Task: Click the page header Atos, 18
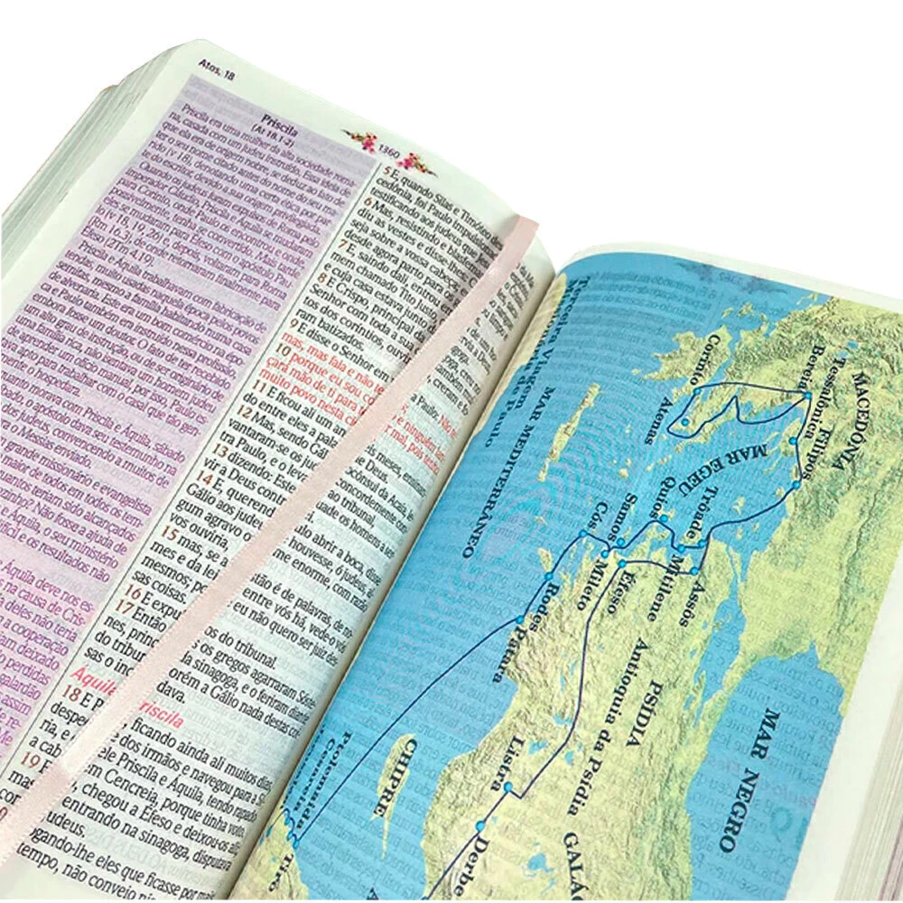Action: pyautogui.click(x=215, y=68)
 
